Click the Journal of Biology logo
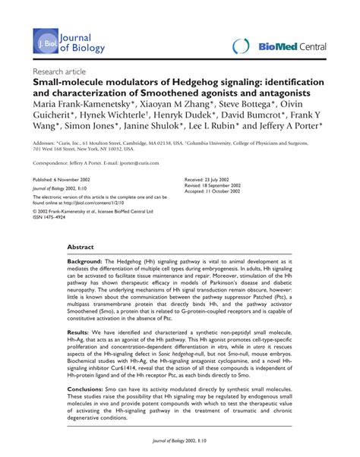(x=68, y=45)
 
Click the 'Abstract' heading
(x=81, y=247)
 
